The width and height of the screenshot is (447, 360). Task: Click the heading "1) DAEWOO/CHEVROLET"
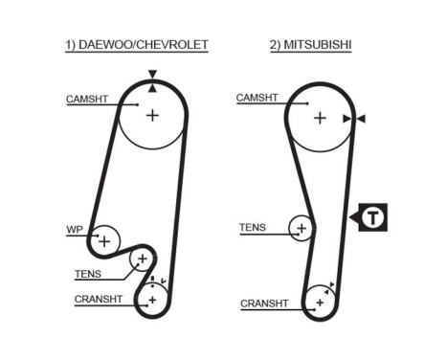137,44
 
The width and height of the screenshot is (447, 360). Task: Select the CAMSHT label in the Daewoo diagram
86,99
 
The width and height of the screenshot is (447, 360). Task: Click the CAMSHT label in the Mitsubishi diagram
257,98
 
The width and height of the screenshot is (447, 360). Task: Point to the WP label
75,230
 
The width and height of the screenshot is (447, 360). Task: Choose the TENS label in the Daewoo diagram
87,274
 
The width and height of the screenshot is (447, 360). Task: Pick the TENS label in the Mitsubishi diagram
253,227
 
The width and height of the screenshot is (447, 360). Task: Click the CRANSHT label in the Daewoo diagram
99,300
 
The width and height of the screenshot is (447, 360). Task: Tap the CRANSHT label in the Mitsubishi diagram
264,304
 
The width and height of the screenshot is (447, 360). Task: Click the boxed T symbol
373,217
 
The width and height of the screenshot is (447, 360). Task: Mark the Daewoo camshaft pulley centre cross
152,115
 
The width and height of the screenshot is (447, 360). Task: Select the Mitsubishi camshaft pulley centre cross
320,118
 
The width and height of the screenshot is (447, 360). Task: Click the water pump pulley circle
105,239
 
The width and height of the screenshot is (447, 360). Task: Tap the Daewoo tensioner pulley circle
142,259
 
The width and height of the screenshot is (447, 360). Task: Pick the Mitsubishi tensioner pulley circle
302,229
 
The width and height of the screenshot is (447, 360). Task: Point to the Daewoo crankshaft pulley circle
151,300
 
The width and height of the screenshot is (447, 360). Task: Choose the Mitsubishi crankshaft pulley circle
319,303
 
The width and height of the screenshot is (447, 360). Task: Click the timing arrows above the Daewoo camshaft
151,80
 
